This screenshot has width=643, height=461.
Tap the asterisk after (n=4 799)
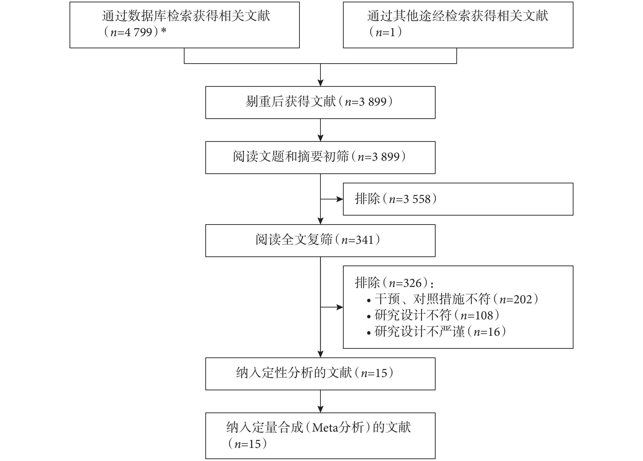(x=164, y=30)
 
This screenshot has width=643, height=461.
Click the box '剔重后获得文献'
(x=320, y=102)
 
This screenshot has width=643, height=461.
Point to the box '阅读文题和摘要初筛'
(x=320, y=157)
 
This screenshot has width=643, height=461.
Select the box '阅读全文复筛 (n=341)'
(x=320, y=241)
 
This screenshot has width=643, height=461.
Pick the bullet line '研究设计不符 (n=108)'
(x=433, y=315)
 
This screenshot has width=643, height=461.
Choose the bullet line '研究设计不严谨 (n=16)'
(x=436, y=332)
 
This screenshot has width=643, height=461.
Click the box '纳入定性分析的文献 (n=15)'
(x=320, y=374)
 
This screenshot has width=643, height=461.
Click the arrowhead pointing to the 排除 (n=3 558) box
(x=340, y=199)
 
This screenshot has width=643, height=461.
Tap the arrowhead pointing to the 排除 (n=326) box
(x=340, y=307)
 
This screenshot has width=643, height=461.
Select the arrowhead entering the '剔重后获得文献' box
(x=320, y=83)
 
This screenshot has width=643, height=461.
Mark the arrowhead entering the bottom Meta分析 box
(x=320, y=409)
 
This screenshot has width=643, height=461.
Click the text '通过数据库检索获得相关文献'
(x=186, y=16)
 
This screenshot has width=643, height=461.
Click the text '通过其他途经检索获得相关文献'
(x=458, y=16)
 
